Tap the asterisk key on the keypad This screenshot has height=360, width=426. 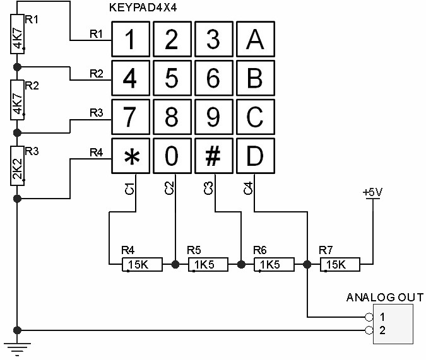click(131, 158)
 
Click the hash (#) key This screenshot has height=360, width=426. click(213, 158)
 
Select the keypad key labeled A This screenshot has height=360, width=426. click(254, 40)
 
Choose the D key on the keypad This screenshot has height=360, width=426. click(254, 158)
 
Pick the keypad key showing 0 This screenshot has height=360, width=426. click(172, 158)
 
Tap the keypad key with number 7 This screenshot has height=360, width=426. click(131, 118)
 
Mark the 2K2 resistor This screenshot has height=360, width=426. click(17, 166)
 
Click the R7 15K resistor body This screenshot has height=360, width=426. click(340, 265)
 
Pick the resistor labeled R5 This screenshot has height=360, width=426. click(206, 265)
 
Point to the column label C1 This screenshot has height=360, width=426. click(129, 188)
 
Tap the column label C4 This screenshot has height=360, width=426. click(249, 188)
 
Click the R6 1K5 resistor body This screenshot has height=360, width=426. click(274, 265)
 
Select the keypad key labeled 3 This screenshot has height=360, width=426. click(213, 40)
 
